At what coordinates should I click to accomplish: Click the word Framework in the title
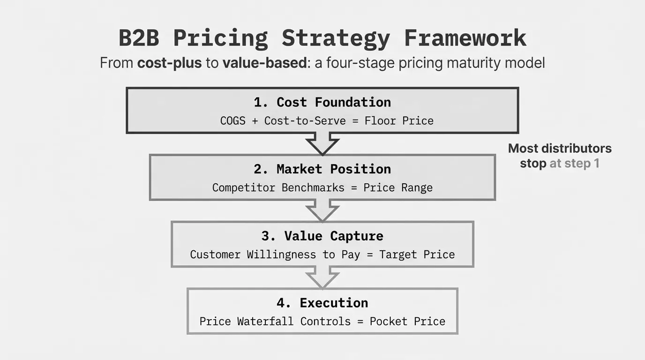coord(465,37)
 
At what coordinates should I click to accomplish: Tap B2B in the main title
coord(139,37)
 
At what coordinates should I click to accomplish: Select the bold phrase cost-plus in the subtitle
coord(169,63)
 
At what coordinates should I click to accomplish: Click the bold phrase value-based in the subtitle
coord(265,63)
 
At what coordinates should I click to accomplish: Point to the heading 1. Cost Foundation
coord(322,102)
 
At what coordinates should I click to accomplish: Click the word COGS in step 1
coord(232,120)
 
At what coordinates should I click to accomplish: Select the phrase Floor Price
coord(399,120)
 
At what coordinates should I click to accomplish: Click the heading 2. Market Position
coord(322,169)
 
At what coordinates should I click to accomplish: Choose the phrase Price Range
coord(398,188)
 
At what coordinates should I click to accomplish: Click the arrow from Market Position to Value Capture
coord(322,211)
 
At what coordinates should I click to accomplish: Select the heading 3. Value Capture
coord(322,236)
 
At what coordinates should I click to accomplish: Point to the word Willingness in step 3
coord(281,255)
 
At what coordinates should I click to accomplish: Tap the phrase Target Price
coord(417,255)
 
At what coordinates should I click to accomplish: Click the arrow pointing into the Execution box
coord(322,277)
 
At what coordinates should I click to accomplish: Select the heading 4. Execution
coord(322,303)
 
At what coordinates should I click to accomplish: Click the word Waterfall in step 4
coord(265,322)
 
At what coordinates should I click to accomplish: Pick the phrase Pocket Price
coord(407,322)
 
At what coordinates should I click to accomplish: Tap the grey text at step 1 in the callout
coord(575,164)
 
